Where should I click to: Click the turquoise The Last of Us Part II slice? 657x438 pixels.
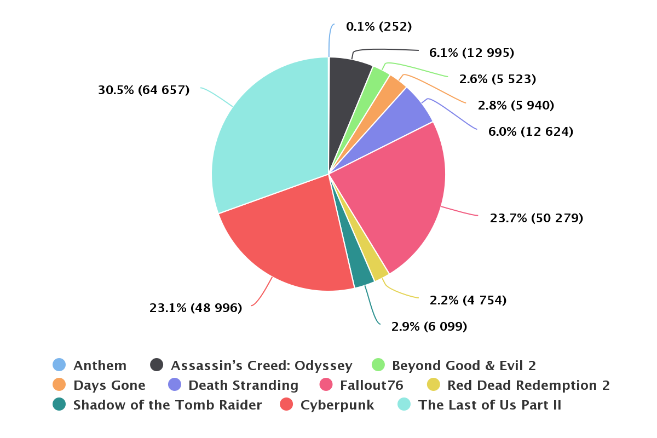268,137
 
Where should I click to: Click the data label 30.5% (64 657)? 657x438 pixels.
143,90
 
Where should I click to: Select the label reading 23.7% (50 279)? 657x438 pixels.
537,218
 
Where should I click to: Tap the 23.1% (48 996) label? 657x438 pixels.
195,308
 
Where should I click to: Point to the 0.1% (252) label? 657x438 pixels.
379,26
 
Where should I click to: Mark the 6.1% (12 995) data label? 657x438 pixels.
471,53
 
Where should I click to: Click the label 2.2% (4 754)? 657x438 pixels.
468,300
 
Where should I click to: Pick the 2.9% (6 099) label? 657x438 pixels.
429,327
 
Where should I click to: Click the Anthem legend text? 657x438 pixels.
100,366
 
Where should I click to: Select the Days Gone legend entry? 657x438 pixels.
109,385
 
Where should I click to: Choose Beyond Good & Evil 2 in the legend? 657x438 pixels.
464,366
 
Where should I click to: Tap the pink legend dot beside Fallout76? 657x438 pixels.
327,385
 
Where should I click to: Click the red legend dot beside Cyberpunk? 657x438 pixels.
287,405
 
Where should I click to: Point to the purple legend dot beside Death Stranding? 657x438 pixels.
175,385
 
